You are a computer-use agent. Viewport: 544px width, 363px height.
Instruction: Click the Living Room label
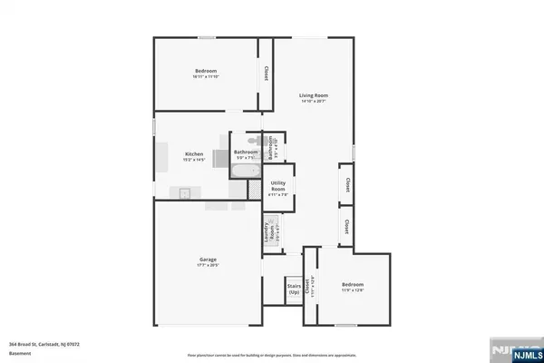click(314, 94)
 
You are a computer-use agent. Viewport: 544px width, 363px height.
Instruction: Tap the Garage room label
click(208, 260)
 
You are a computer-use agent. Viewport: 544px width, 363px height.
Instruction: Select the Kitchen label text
click(195, 154)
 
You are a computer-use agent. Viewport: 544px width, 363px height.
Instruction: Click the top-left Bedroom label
click(207, 71)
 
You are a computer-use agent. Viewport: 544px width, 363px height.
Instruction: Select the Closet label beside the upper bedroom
click(267, 74)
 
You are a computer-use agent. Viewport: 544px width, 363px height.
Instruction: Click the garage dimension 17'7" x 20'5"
click(208, 266)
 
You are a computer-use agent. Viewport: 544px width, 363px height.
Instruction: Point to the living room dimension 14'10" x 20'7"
click(314, 101)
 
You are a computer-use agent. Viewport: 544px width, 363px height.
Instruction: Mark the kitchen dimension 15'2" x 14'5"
click(195, 161)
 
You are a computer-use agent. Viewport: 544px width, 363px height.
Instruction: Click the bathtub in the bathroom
click(244, 171)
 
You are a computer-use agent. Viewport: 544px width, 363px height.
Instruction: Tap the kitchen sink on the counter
click(183, 192)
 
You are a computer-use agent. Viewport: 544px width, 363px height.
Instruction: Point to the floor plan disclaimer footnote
click(272, 355)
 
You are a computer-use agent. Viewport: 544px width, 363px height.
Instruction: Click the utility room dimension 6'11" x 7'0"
click(278, 194)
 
